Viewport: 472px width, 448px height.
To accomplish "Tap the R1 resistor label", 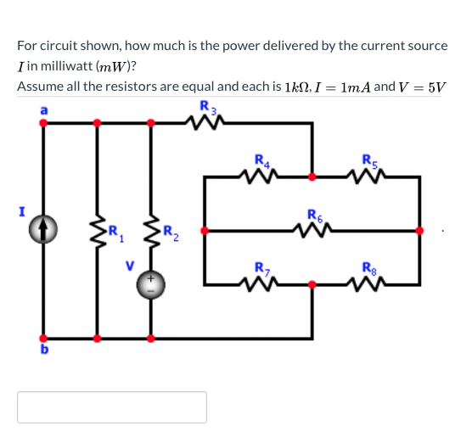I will coord(115,229).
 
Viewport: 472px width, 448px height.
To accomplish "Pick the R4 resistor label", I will coord(261,160).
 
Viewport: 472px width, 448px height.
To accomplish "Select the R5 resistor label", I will coord(368,160).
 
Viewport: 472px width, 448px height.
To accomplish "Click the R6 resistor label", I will coord(313,215).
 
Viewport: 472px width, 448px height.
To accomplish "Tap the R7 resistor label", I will coord(261,270).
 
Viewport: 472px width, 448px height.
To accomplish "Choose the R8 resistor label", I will coord(368,270).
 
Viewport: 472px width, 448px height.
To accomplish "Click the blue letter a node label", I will coord(43,110).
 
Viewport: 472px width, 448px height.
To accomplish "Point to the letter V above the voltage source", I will coord(131,264).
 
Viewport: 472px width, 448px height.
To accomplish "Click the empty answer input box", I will coord(112,406).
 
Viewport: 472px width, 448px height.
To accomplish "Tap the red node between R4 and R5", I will coord(313,177).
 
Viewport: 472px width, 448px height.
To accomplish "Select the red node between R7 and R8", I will coord(313,286).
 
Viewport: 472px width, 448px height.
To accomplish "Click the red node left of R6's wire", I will coord(205,230).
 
